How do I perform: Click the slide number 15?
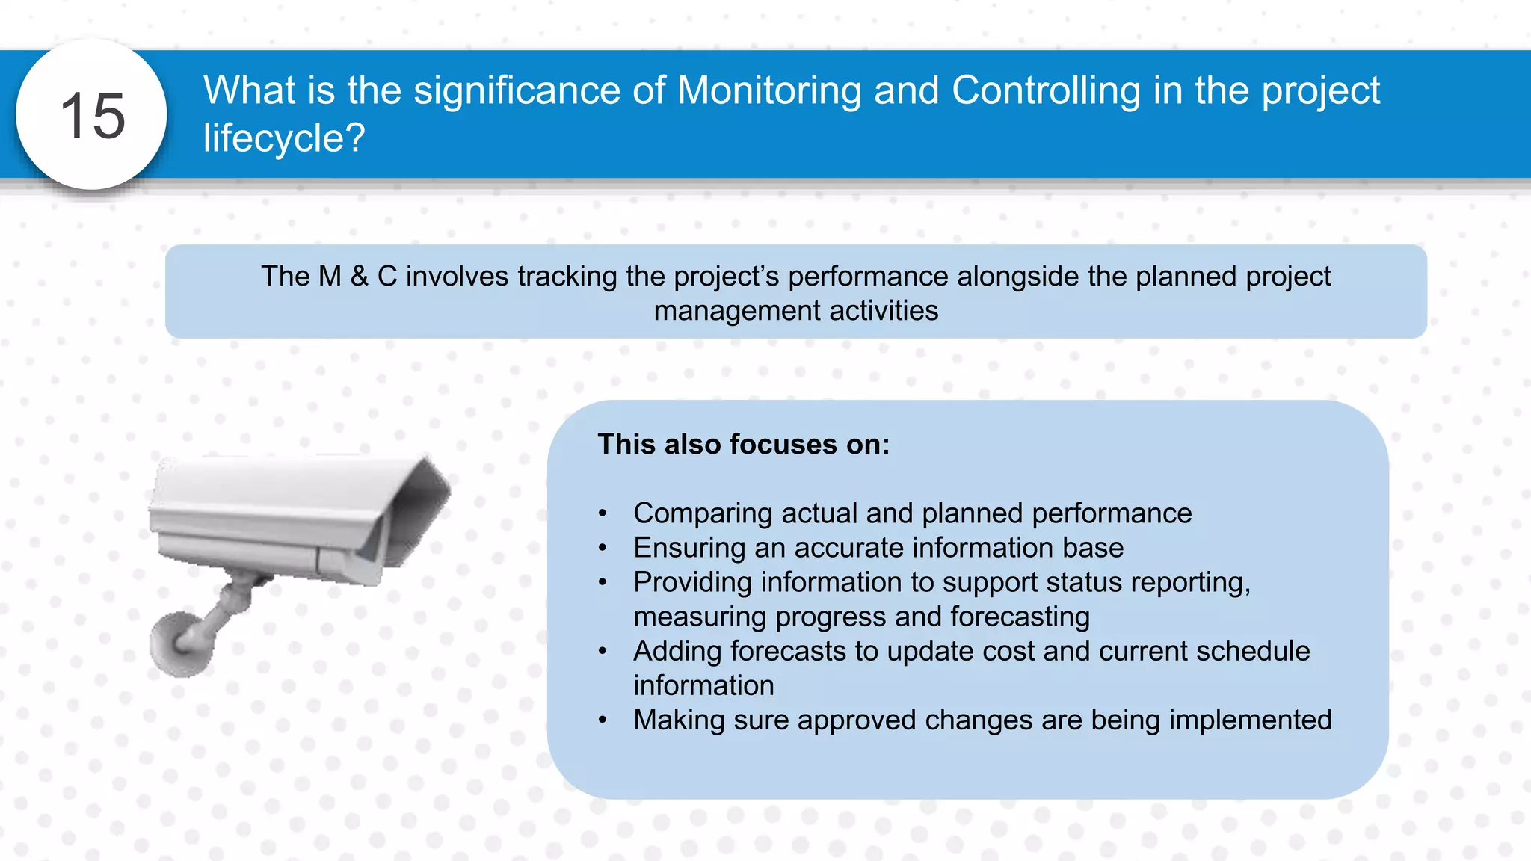(92, 116)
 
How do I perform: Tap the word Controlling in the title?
(1046, 90)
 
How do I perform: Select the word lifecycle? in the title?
(284, 138)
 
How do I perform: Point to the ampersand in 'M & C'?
(360, 277)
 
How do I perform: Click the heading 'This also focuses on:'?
(744, 445)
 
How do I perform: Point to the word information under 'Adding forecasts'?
(703, 685)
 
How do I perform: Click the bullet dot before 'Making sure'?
(603, 720)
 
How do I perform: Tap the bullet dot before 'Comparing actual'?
(603, 514)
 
